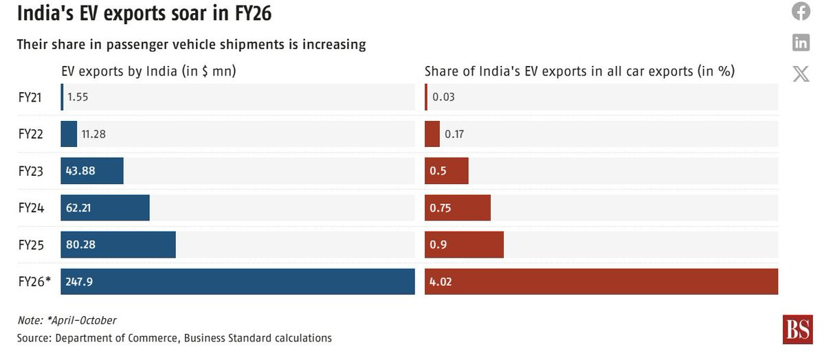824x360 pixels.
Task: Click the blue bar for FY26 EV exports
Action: [237, 282]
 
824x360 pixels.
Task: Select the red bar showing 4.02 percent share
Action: [601, 282]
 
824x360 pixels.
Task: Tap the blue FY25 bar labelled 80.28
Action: [118, 245]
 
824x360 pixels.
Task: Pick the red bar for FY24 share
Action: [458, 207]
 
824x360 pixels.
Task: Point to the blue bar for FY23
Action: [92, 171]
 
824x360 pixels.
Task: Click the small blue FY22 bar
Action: [69, 134]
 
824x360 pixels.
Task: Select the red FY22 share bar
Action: [432, 134]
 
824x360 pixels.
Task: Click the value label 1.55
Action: [78, 98]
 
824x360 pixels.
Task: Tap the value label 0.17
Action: [454, 134]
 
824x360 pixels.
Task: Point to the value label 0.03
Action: [443, 98]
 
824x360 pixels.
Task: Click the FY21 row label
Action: [31, 98]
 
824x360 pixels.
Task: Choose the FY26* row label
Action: [35, 282]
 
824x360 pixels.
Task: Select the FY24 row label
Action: [31, 207]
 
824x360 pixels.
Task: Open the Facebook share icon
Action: [801, 11]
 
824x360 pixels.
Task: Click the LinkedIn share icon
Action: [801, 43]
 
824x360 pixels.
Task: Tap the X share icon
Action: [801, 74]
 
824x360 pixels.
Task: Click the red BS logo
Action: [797, 330]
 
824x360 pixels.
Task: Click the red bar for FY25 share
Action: [464, 245]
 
